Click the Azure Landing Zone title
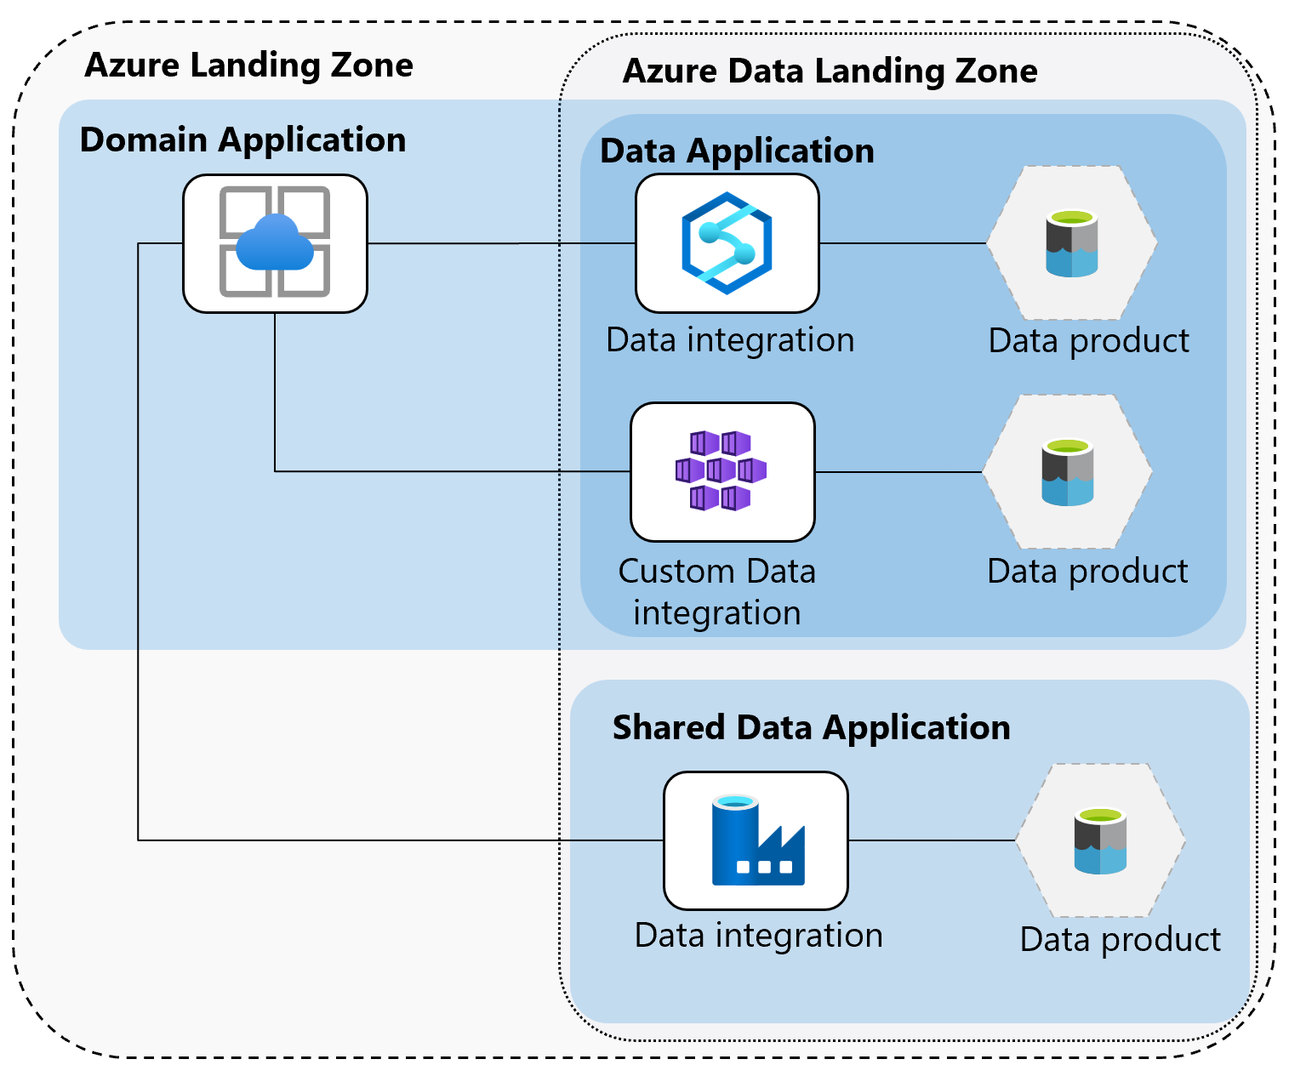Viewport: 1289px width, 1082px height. (248, 65)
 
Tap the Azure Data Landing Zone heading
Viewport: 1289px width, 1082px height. (830, 71)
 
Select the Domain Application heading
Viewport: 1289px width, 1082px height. (242, 140)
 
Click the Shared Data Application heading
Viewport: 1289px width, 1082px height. (811, 728)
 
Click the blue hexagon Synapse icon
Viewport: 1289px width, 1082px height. (727, 243)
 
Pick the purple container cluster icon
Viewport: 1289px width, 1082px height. (721, 470)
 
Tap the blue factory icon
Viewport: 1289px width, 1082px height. (756, 840)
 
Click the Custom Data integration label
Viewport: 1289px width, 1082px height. (716, 592)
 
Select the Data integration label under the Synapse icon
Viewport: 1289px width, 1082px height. (730, 340)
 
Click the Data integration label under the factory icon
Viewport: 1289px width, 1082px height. (758, 936)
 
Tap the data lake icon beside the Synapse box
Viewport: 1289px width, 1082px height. (1071, 243)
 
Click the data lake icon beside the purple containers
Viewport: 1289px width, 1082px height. (1067, 472)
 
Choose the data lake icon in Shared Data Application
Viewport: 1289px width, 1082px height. (1100, 841)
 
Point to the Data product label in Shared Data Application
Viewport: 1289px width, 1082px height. (1120, 940)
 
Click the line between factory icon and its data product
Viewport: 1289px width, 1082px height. (931, 840)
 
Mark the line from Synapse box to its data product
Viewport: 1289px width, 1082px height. (902, 243)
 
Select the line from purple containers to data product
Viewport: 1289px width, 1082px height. (898, 472)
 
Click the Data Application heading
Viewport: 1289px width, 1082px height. (737, 151)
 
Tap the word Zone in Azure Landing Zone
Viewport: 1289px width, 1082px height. (374, 65)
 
